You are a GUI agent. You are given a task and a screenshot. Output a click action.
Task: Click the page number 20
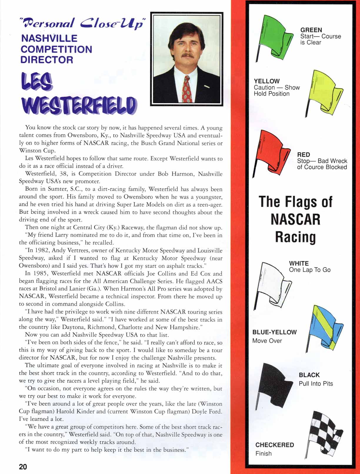pyautogui.click(x=23, y=466)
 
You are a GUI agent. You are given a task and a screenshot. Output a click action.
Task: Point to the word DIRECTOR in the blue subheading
pyautogui.click(x=47, y=60)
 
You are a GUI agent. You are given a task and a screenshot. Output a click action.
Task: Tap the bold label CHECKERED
pyautogui.click(x=274, y=445)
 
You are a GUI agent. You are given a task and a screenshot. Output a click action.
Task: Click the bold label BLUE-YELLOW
pyautogui.click(x=274, y=332)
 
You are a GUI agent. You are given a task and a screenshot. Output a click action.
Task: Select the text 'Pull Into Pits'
pyautogui.click(x=316, y=383)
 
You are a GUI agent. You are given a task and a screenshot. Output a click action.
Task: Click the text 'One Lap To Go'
pyautogui.click(x=309, y=270)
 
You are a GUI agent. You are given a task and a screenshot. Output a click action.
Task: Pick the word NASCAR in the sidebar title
pyautogui.click(x=295, y=219)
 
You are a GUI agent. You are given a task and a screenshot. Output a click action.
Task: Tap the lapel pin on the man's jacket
pyautogui.click(x=207, y=87)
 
